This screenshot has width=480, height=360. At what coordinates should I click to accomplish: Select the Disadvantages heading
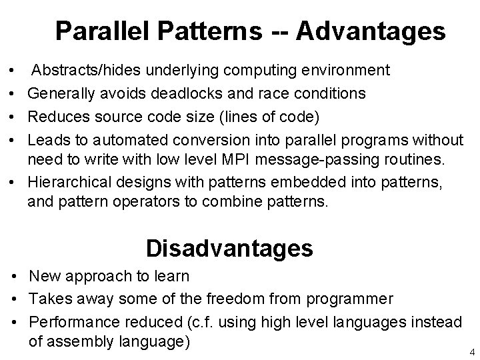[229, 248]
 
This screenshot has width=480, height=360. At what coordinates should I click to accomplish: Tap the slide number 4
[471, 351]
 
